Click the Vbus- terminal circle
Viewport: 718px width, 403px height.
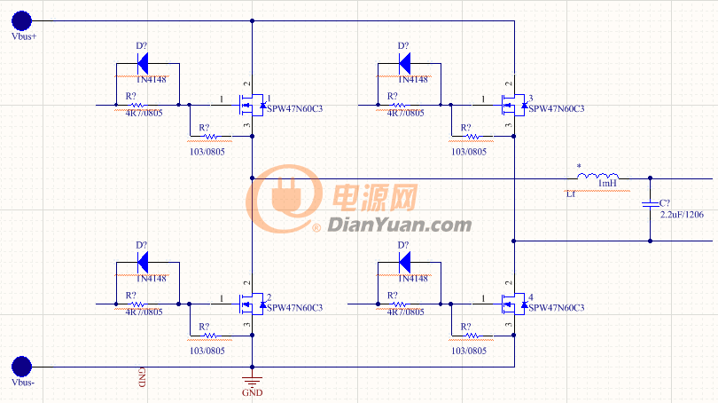pos(22,366)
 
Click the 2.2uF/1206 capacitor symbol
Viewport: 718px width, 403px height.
pos(652,206)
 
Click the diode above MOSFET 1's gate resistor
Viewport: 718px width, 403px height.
pos(144,64)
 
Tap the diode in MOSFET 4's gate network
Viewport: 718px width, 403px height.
pos(404,263)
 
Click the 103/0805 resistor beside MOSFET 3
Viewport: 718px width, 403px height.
pos(473,138)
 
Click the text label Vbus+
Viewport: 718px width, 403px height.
pos(23,37)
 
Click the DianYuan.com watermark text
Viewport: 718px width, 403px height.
pos(399,225)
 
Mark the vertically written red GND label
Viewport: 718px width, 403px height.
pos(141,376)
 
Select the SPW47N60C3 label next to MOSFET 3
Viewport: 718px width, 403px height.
pos(556,109)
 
